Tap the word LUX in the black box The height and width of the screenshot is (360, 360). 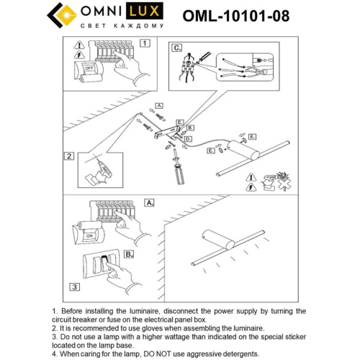(139, 12)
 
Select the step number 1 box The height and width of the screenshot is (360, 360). (145, 43)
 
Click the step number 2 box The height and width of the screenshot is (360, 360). (69, 156)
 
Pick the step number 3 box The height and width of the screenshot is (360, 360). (73, 287)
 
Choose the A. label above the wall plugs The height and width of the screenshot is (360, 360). (160, 105)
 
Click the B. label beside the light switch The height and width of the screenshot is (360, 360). (128, 253)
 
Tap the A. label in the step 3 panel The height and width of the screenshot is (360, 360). (149, 204)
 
